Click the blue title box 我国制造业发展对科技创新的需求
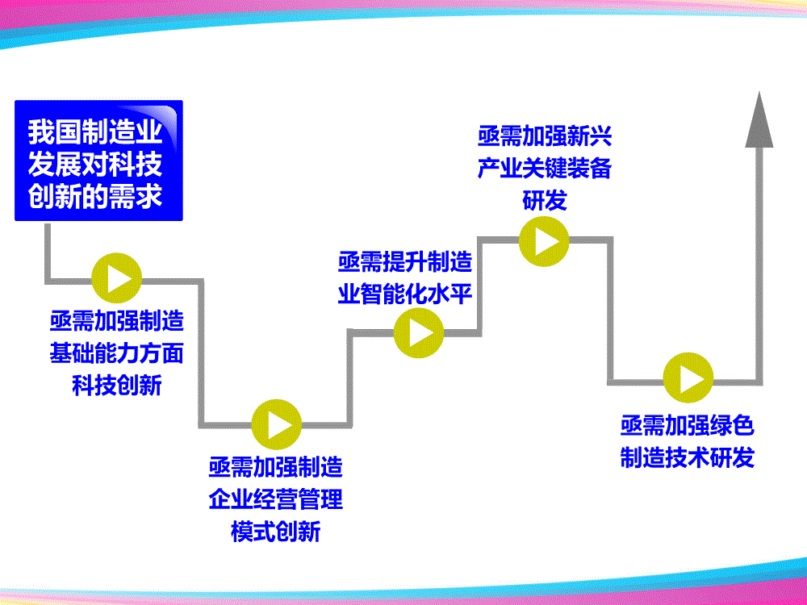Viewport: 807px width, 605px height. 98,161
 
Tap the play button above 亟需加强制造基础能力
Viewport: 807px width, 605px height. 118,278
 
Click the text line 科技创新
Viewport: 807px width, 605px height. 118,385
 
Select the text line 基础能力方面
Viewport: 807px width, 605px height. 118,353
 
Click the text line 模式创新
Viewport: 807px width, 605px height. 276,531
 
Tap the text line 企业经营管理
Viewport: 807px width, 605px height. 276,499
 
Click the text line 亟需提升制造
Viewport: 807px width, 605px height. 405,261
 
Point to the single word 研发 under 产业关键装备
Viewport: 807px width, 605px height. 545,199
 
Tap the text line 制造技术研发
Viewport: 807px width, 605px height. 688,457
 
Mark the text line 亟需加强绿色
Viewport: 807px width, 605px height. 688,425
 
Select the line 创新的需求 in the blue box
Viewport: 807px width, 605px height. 96,196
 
